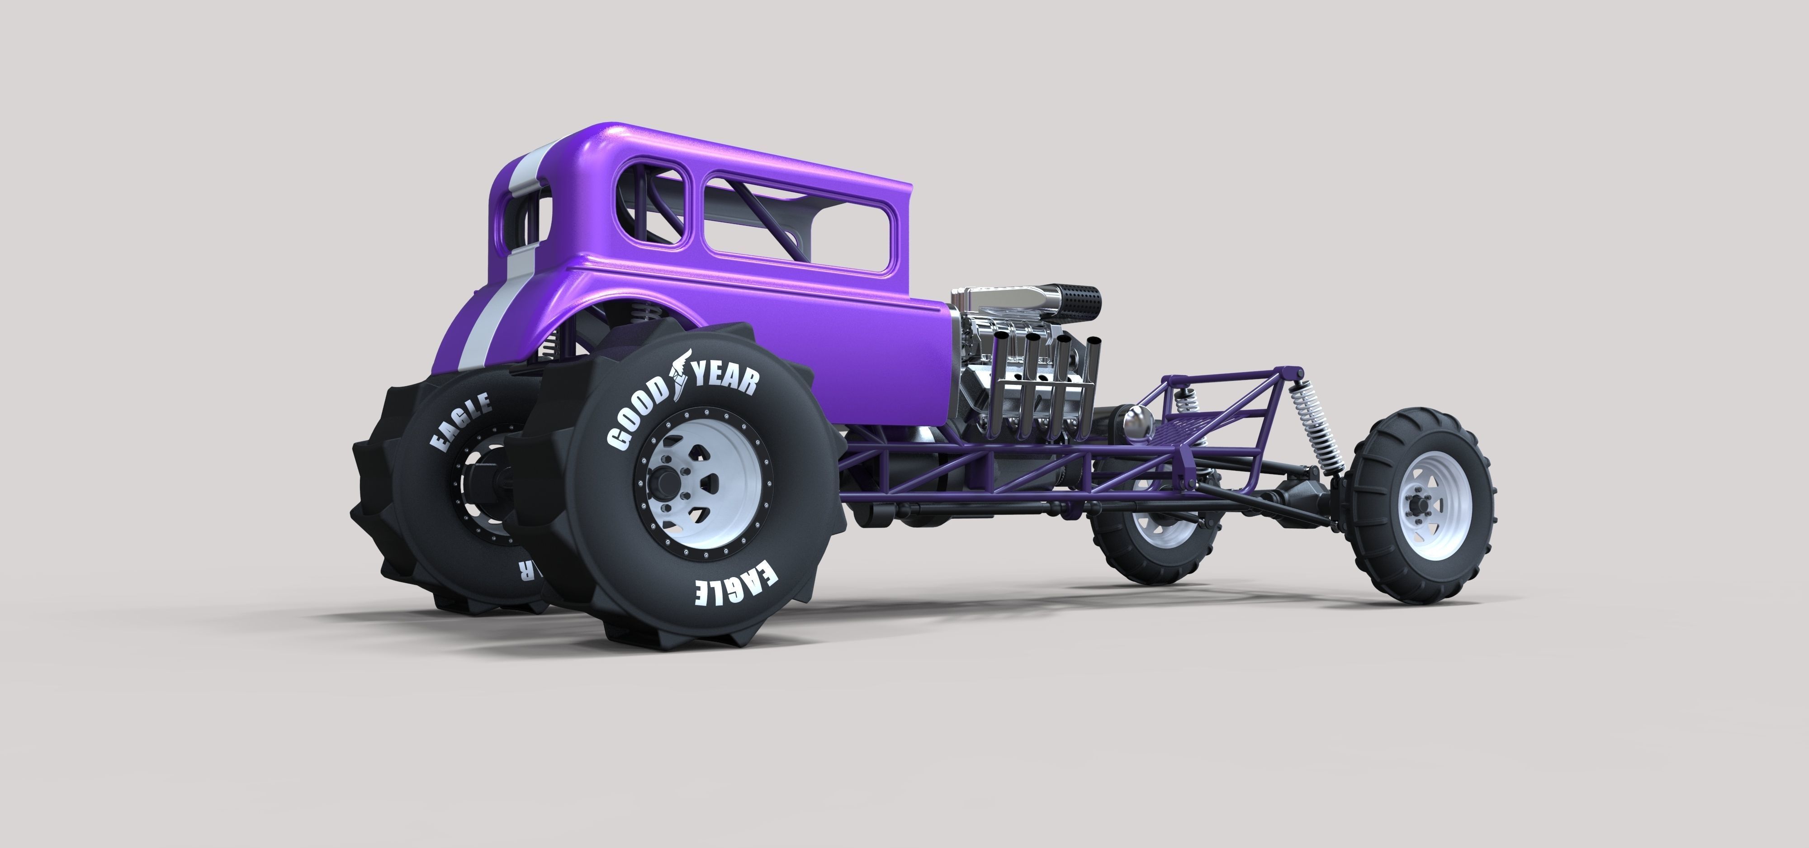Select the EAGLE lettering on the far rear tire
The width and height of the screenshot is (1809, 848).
[460, 421]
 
